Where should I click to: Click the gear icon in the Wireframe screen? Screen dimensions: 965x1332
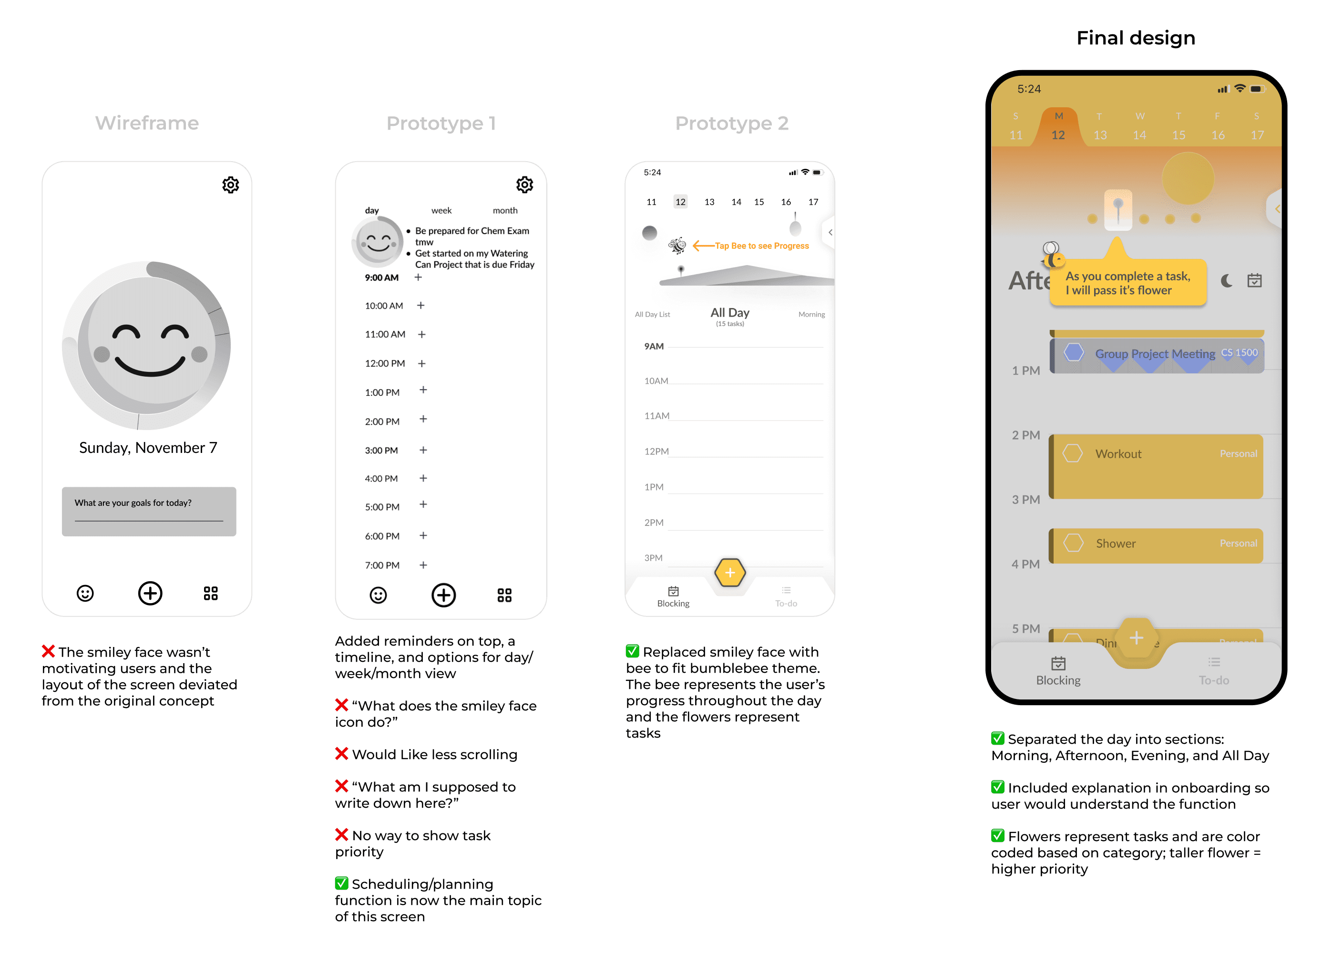coord(230,185)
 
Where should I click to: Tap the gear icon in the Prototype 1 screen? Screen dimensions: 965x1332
coord(524,185)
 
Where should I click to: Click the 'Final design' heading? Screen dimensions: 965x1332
coord(1135,38)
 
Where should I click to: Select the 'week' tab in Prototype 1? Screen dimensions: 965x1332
coord(441,210)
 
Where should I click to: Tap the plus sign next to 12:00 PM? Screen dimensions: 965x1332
coord(422,364)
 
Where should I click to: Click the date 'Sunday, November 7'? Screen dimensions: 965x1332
coord(148,448)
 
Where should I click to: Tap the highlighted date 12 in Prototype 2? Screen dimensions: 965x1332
coord(680,202)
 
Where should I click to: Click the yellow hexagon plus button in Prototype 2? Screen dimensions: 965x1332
coord(730,573)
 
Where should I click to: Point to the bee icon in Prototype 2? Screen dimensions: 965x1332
coord(677,246)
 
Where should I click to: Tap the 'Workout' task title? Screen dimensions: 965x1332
coord(1118,454)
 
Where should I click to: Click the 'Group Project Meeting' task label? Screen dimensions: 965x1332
coord(1155,354)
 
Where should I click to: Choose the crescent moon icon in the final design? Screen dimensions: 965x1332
coord(1226,281)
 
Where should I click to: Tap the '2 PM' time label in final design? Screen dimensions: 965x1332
coord(1025,435)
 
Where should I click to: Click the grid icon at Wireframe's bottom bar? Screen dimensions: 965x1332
coord(210,593)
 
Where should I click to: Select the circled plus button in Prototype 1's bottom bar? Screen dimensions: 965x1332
coord(443,595)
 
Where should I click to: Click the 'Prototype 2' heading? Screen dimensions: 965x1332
coord(731,123)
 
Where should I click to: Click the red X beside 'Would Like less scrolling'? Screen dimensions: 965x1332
coord(341,754)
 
